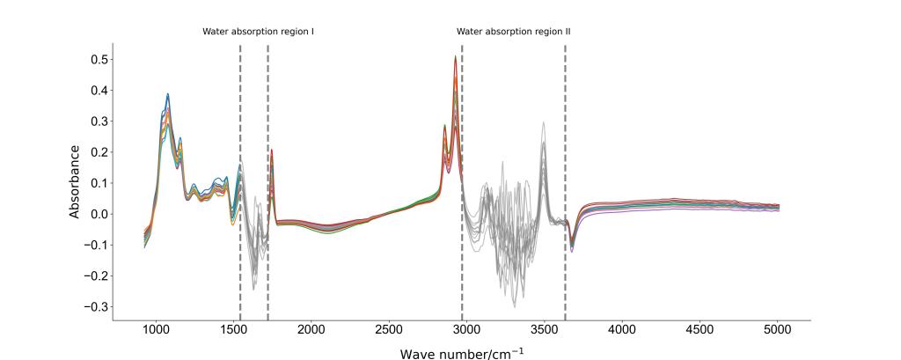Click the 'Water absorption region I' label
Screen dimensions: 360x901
point(259,32)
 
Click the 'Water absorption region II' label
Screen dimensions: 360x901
point(514,32)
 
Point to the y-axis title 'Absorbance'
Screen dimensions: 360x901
point(76,181)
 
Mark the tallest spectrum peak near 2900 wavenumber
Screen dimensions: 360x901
point(455,57)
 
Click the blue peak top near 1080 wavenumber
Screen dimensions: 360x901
point(168,94)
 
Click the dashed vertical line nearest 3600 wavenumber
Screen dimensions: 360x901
point(565,176)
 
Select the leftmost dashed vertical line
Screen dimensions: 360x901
point(240,176)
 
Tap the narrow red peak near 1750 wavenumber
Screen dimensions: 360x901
point(272,151)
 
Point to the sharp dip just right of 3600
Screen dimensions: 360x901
point(572,250)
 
